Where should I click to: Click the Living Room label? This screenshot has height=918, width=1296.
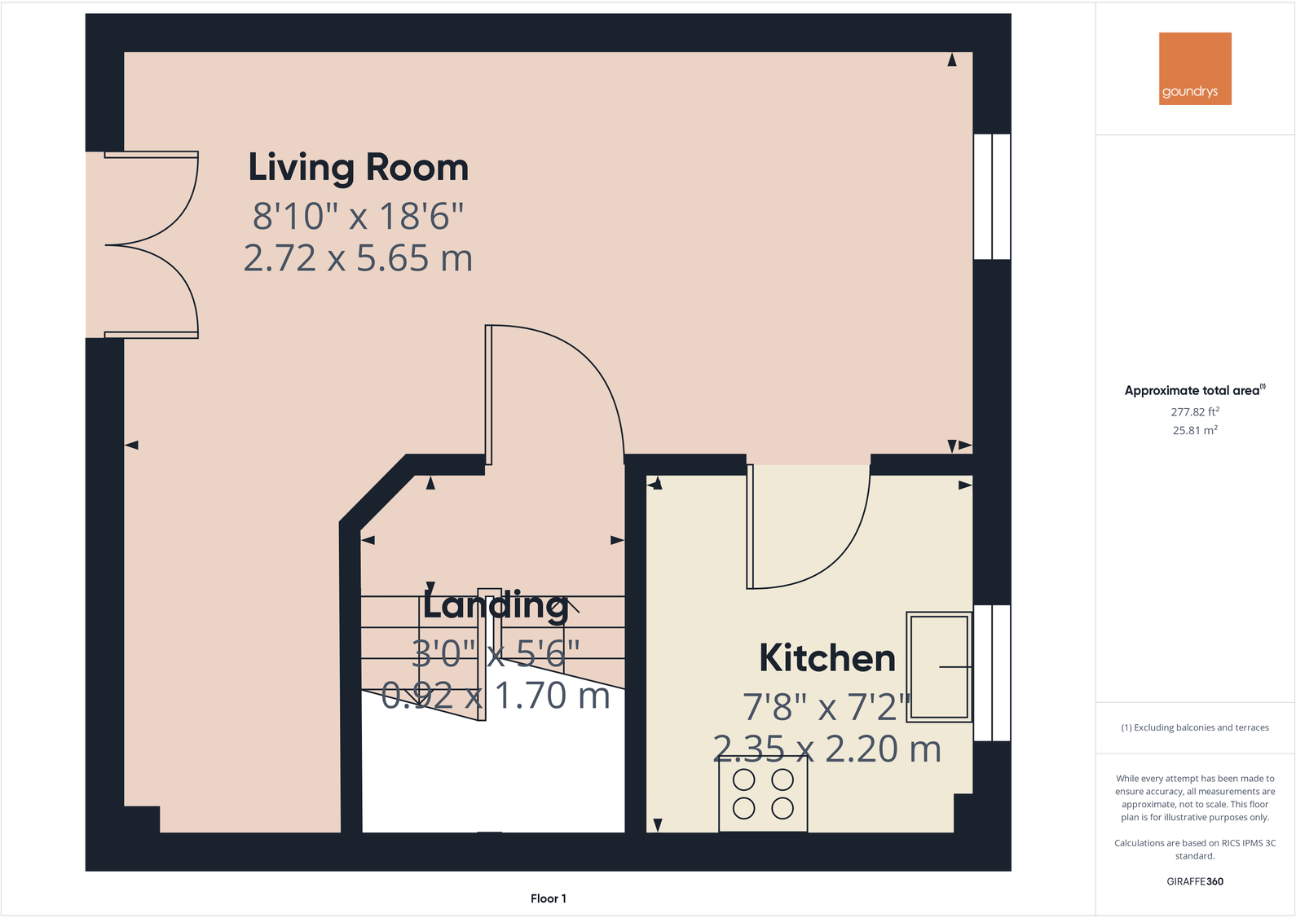[x=359, y=168]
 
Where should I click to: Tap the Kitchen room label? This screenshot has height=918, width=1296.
[x=827, y=658]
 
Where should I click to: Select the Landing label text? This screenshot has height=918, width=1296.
[x=496, y=605]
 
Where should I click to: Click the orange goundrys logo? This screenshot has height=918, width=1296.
[x=1195, y=68]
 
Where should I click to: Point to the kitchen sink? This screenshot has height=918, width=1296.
[x=939, y=667]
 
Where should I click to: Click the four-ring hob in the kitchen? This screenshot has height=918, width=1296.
[x=763, y=794]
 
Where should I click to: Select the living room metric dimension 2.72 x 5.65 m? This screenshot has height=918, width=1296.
[x=359, y=259]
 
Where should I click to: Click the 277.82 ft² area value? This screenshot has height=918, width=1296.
[x=1195, y=412]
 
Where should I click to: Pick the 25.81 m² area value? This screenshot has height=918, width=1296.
[x=1195, y=431]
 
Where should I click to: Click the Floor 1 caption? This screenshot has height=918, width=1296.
[x=548, y=898]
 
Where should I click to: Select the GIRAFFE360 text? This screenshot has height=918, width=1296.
[x=1195, y=881]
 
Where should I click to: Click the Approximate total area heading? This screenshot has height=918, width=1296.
[x=1195, y=391]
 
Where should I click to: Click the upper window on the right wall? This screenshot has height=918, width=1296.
[x=992, y=197]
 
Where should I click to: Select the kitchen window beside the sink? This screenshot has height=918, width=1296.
[x=992, y=673]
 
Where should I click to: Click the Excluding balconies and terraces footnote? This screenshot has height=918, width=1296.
[x=1195, y=727]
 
